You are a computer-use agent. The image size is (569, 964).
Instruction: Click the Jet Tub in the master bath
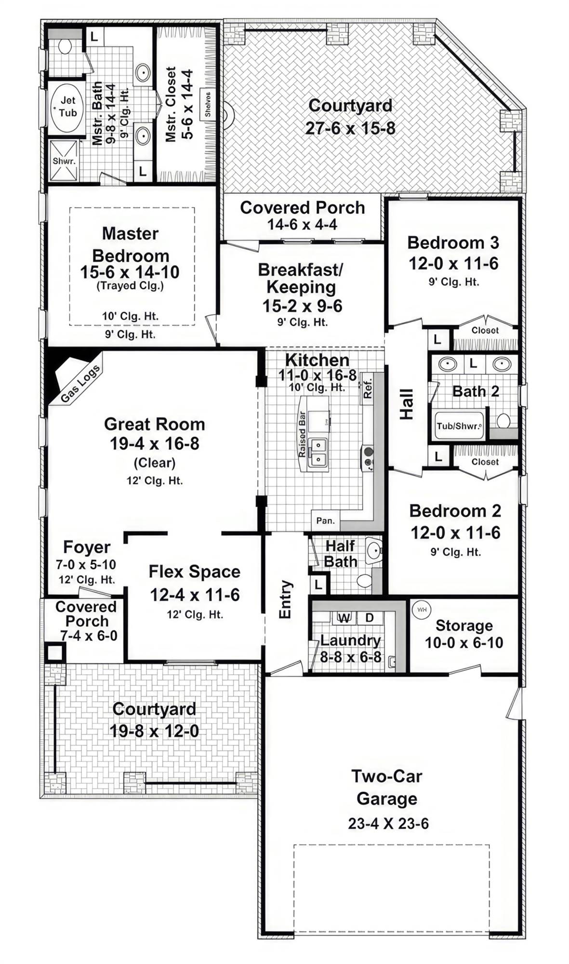(67, 107)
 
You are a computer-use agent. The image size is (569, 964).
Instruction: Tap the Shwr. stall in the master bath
(64, 161)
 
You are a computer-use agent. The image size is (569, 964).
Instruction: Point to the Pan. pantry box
(325, 521)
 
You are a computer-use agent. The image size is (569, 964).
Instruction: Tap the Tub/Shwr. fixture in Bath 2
(459, 426)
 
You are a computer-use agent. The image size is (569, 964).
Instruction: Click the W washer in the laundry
(344, 618)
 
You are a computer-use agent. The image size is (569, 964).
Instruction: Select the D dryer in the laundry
(370, 618)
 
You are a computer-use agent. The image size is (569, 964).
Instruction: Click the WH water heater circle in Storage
(422, 609)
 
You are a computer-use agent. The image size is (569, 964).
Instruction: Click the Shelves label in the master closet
(208, 104)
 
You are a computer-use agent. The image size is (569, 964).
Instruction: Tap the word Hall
(407, 404)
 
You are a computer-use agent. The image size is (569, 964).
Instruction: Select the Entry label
(285, 599)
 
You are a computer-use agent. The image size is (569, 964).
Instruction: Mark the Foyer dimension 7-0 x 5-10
(86, 564)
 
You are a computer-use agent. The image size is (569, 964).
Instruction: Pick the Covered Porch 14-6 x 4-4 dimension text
(303, 225)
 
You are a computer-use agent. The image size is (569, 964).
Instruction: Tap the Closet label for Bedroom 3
(485, 330)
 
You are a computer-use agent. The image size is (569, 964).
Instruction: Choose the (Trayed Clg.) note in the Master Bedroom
(130, 286)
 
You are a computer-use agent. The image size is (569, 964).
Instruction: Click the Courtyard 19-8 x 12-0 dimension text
(154, 731)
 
